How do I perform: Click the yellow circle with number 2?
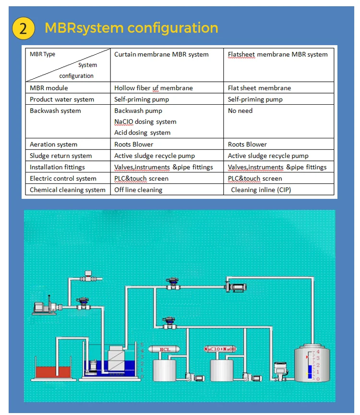pos(23,28)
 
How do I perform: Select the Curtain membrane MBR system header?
pos(161,54)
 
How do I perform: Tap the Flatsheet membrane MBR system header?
pos(277,54)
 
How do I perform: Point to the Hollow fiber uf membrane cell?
pos(153,88)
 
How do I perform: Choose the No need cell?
pos(240,110)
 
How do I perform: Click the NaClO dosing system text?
pos(145,122)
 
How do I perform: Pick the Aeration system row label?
pos(53,144)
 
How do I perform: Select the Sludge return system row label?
pos(60,156)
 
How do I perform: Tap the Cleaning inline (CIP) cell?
pos(261,190)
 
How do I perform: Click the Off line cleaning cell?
pos(138,190)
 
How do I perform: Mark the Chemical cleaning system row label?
pos(67,190)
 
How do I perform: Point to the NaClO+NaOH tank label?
pos(223,349)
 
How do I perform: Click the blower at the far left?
pos(45,306)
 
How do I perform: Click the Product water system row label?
pos(62,99)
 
